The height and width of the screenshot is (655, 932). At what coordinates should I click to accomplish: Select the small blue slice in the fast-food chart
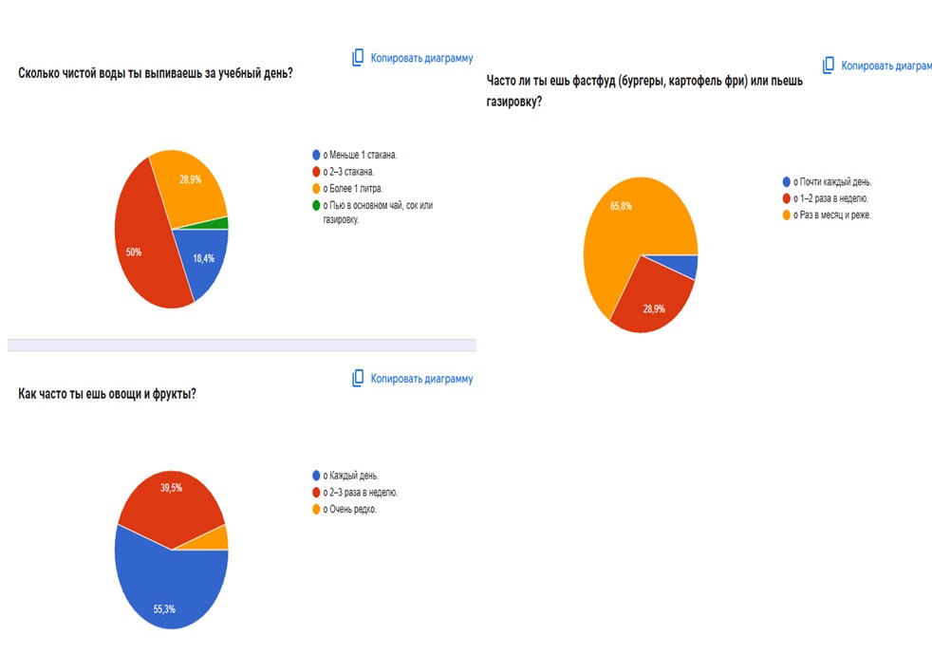683,265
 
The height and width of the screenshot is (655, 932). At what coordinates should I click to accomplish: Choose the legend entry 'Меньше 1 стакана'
355,155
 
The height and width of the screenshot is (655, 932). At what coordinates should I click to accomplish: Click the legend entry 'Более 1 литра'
347,189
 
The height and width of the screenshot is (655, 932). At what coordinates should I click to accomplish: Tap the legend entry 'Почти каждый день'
828,182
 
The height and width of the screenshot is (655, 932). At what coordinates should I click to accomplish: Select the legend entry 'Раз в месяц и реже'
827,215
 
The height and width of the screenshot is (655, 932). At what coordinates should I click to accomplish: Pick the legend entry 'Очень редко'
345,510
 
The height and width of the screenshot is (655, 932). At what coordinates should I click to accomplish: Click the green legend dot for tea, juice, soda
316,206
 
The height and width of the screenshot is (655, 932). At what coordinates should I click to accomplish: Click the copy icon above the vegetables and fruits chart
358,378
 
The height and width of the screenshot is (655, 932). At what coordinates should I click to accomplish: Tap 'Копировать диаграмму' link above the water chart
422,58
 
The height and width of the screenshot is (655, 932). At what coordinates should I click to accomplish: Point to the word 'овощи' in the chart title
125,394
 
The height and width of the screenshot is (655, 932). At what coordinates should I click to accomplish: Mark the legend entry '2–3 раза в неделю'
356,493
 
